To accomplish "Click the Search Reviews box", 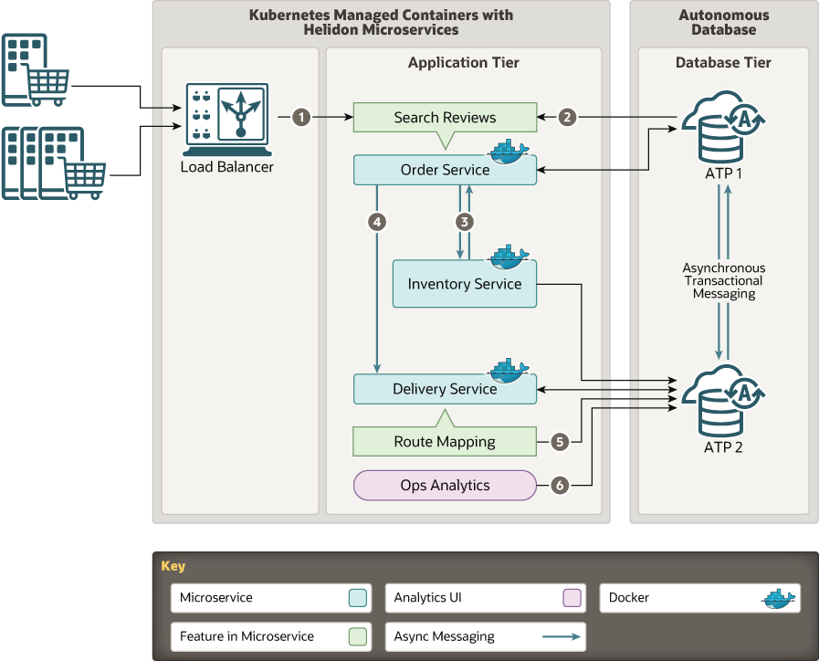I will [x=445, y=118].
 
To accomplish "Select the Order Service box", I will [x=445, y=170].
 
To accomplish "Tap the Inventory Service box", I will [x=464, y=284].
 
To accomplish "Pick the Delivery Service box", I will [x=445, y=389].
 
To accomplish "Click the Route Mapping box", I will [x=445, y=442].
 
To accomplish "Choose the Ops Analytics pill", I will [x=445, y=486].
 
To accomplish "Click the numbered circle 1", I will [x=301, y=117].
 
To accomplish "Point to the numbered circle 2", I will [x=568, y=117].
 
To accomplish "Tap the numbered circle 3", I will [x=464, y=221].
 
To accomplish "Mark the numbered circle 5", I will [x=560, y=442].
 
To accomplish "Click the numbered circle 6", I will [x=560, y=486].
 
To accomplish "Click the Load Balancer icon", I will [x=226, y=120].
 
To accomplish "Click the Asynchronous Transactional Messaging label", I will [x=723, y=281].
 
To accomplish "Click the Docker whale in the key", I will [x=779, y=598].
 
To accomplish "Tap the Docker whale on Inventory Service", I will [x=508, y=257].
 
